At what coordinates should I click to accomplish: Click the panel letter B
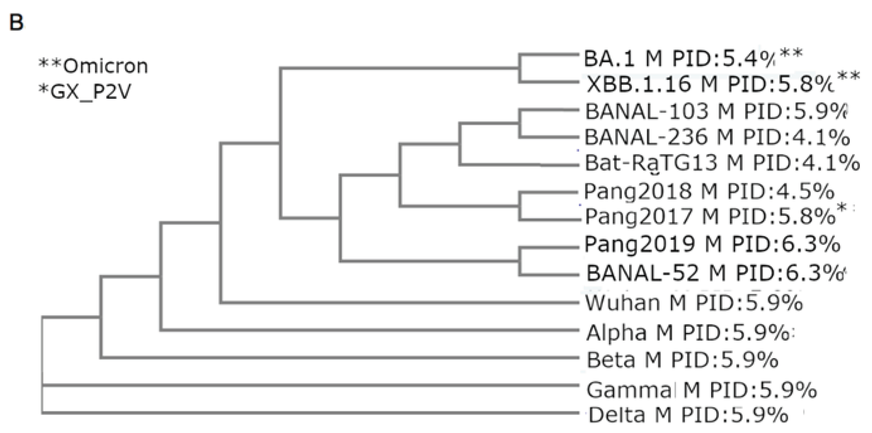pyautogui.click(x=16, y=23)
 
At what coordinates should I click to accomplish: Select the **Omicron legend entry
pyautogui.click(x=93, y=66)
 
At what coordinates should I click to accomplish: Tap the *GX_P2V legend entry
pyautogui.click(x=85, y=91)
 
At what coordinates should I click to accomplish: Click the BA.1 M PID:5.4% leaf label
pyautogui.click(x=679, y=59)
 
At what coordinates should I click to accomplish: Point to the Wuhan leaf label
pyautogui.click(x=694, y=302)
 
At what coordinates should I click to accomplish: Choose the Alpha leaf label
pyautogui.click(x=687, y=333)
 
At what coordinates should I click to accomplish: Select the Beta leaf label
pyautogui.click(x=682, y=360)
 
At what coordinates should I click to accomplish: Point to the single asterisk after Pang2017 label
pyautogui.click(x=841, y=208)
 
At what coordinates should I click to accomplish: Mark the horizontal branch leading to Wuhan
pyautogui.click(x=400, y=302)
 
